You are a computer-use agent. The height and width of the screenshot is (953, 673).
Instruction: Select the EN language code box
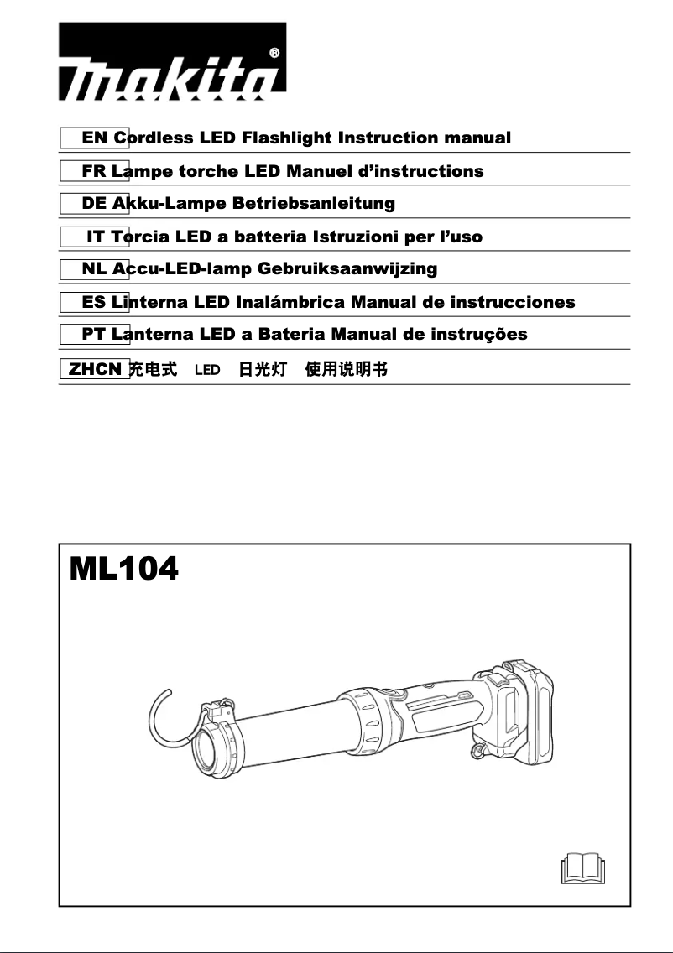point(94,138)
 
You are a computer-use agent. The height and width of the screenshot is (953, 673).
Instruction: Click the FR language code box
point(94,171)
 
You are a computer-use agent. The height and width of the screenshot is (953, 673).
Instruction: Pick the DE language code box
point(94,203)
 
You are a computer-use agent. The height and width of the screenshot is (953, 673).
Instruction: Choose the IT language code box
point(94,237)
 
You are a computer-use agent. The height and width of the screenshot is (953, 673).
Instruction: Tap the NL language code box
point(94,269)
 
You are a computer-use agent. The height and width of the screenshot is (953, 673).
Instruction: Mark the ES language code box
point(94,302)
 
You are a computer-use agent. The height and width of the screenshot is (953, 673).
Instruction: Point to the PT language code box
point(94,335)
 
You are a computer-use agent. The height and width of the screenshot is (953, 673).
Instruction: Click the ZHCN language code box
point(94,368)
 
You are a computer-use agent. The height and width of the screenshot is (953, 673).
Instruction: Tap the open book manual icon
point(582,867)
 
